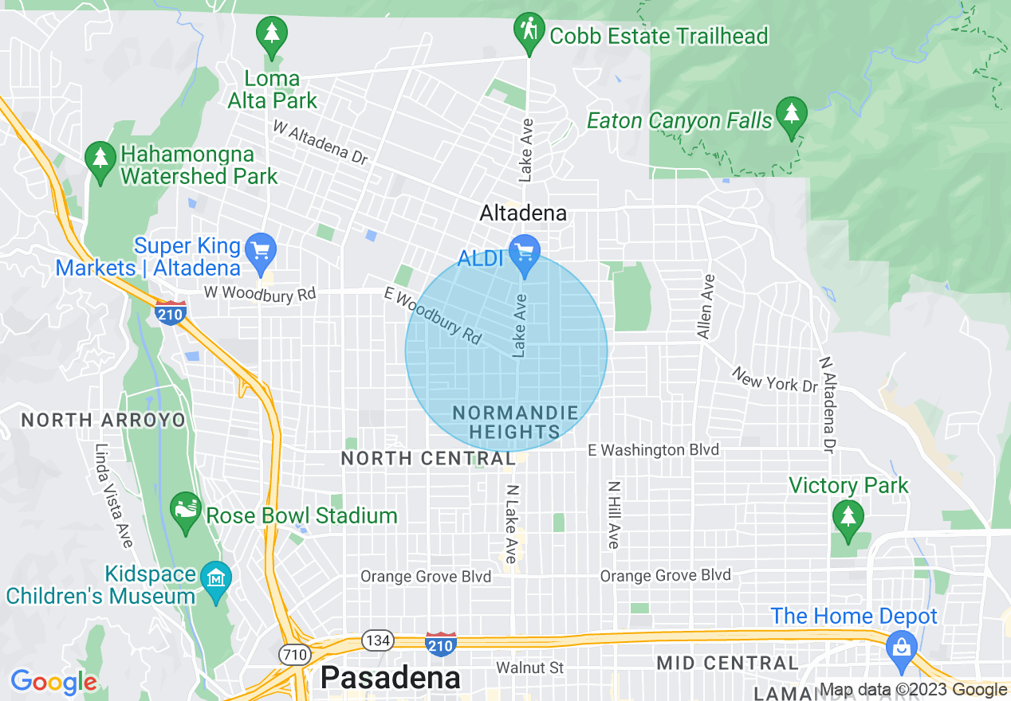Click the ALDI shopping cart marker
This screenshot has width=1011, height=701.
pyautogui.click(x=525, y=253)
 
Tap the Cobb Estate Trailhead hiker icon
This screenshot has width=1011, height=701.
pyautogui.click(x=529, y=31)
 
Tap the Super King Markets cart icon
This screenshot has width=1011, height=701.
pyautogui.click(x=260, y=250)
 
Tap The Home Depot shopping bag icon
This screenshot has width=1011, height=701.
pyautogui.click(x=901, y=646)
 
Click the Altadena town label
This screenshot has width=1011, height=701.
pyautogui.click(x=523, y=213)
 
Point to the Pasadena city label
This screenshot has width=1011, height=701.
pyautogui.click(x=390, y=678)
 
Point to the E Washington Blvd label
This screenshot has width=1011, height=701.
pyautogui.click(x=653, y=450)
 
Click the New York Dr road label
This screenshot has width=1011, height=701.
pyautogui.click(x=775, y=379)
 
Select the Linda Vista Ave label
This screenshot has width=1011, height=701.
pyautogui.click(x=112, y=495)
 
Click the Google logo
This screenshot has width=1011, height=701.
pyautogui.click(x=53, y=682)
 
